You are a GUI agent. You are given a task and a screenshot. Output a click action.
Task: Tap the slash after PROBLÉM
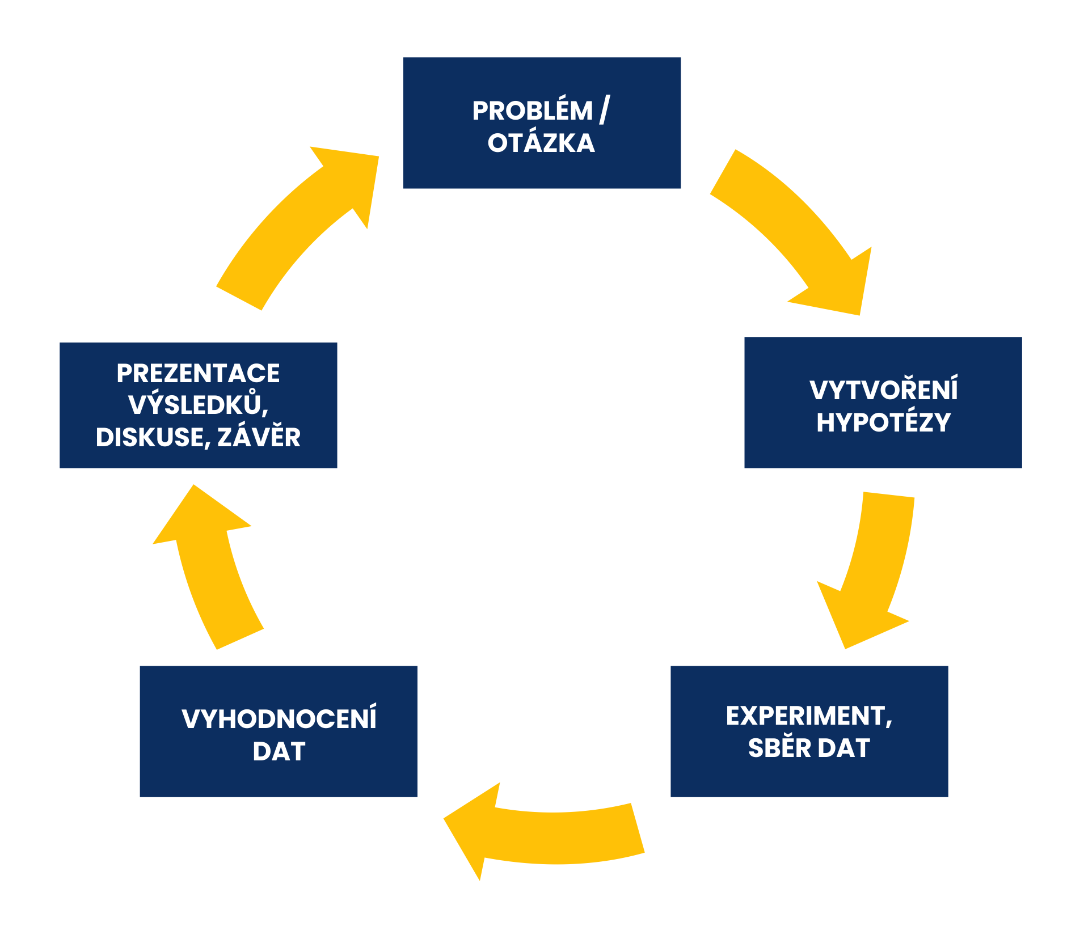pyautogui.click(x=605, y=109)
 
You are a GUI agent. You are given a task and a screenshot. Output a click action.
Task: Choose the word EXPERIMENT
pyautogui.click(x=805, y=716)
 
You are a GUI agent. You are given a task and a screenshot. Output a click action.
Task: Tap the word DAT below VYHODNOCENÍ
pyautogui.click(x=279, y=751)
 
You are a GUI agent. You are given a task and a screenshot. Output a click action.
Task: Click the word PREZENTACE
pyautogui.click(x=198, y=373)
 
